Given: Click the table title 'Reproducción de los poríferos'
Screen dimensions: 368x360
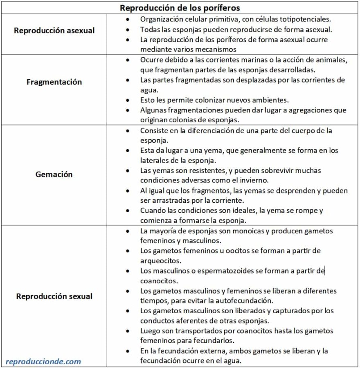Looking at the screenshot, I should pos(180,7).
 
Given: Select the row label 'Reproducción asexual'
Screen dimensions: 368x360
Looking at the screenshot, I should pos(54,31).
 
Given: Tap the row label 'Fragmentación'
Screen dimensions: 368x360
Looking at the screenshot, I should pos(54,82).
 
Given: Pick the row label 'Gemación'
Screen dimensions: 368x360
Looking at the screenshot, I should pos(54,174).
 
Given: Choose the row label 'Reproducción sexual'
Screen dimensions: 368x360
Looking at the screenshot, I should pos(54,296).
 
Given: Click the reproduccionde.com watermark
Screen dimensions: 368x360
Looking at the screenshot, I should pos(43,361).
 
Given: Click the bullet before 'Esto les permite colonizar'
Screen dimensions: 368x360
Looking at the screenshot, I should pos(128,100).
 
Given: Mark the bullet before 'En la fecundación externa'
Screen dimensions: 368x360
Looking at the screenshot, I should pos(128,351).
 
